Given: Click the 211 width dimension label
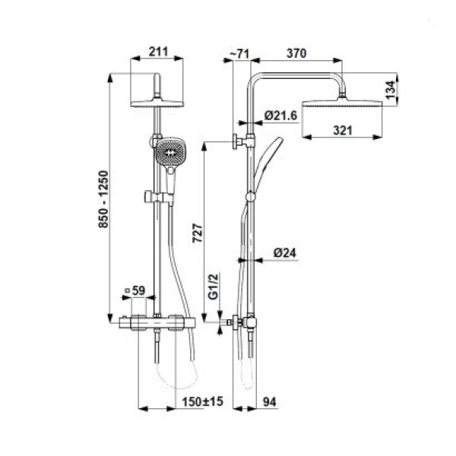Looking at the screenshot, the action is [x=159, y=52].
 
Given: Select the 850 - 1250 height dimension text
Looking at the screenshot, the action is [x=103, y=199].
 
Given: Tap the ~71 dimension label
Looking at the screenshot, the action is [x=239, y=53].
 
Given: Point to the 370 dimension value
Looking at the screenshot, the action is [x=296, y=53].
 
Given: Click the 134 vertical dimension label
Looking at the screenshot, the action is [x=391, y=90].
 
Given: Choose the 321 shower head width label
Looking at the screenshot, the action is [x=343, y=130].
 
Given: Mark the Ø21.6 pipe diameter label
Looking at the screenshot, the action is [x=281, y=116].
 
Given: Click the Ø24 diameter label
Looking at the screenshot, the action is [x=285, y=253].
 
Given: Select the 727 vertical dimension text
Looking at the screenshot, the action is [x=198, y=233].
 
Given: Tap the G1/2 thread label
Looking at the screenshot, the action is [x=213, y=287].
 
